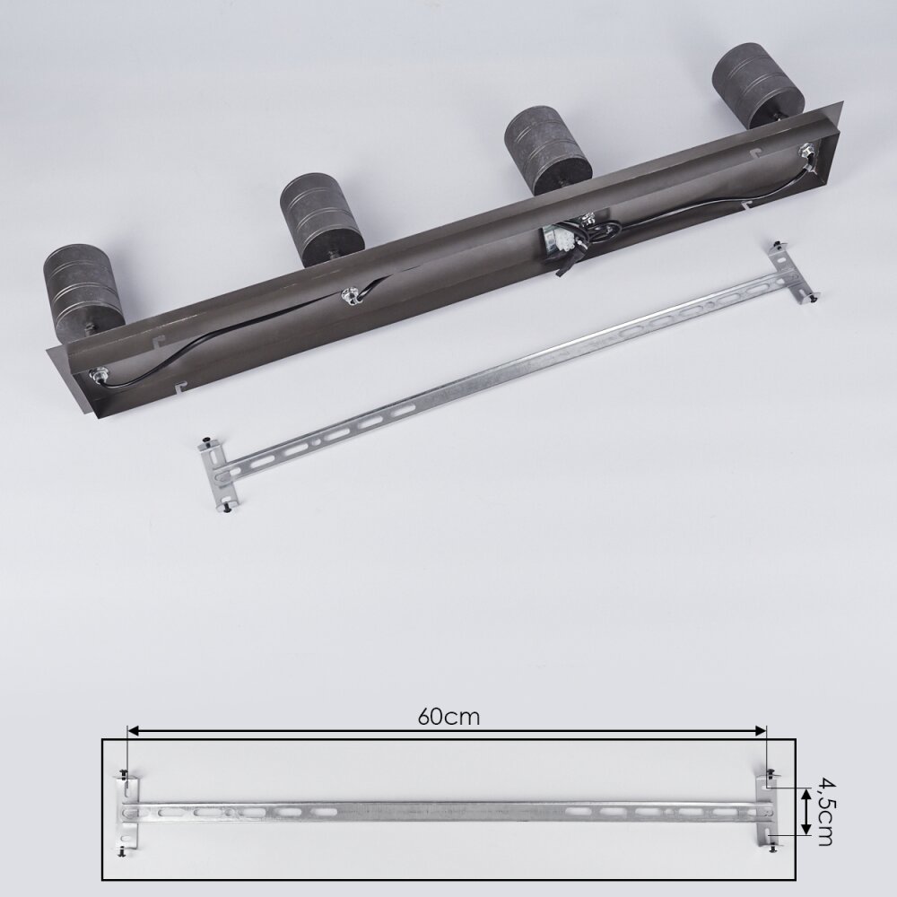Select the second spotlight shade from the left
(x=321, y=221)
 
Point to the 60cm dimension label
(x=448, y=717)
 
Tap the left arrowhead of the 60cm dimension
(x=133, y=730)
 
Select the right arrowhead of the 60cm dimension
(x=761, y=730)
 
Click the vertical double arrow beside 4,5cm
(x=806, y=811)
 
